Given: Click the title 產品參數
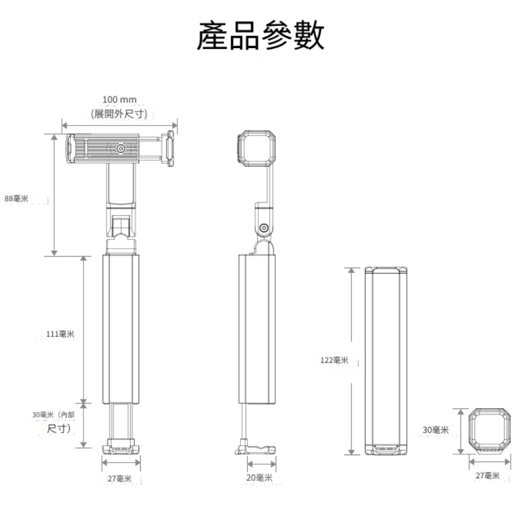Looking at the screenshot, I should point(261,36).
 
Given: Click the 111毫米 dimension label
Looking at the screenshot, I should point(60,334).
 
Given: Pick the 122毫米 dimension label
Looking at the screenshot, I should point(334,360).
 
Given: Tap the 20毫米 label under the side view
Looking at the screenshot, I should point(259,478).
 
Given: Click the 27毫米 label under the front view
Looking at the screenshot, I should point(118,478).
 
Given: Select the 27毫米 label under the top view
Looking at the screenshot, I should point(487,476).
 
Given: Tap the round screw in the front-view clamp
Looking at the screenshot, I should point(121,149).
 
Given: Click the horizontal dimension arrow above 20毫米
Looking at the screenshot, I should point(261,464).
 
